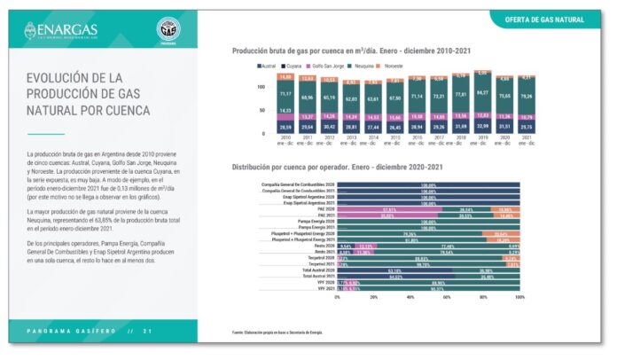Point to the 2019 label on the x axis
click(x=482, y=139)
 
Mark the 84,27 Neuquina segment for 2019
click(x=482, y=93)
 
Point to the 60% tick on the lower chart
click(x=446, y=297)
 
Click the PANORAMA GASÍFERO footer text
click(x=69, y=331)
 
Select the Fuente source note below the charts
click(x=276, y=333)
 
